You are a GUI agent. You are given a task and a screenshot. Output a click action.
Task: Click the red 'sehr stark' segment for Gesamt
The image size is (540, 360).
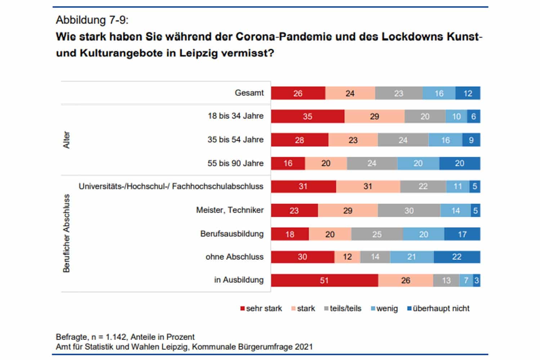[x=298, y=93]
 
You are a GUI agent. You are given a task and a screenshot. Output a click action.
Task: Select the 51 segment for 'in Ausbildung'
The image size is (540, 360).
[x=324, y=280]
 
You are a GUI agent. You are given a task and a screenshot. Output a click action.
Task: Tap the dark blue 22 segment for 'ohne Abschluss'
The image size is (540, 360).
[x=457, y=257]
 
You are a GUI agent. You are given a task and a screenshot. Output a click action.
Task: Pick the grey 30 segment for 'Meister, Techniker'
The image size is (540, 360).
[x=409, y=211]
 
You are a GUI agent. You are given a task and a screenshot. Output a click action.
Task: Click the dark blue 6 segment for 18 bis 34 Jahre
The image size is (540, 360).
[x=474, y=117]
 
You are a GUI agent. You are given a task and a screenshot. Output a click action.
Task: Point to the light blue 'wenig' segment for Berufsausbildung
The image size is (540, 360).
[x=424, y=234]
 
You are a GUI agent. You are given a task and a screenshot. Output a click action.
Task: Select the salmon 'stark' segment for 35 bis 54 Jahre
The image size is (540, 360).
[x=353, y=140]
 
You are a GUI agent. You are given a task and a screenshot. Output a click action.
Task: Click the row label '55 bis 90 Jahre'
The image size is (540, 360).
[x=235, y=163]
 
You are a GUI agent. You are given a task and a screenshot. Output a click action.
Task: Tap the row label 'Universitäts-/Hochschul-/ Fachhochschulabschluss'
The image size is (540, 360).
[x=171, y=186]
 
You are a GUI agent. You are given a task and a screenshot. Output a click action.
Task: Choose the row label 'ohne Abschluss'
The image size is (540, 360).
[x=235, y=257]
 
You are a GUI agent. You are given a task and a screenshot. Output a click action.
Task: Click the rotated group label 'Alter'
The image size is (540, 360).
[x=66, y=140]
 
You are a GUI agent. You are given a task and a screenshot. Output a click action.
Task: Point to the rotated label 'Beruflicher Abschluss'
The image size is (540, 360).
[x=66, y=233]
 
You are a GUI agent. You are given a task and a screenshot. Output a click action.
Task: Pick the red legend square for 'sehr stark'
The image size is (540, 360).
[x=242, y=309]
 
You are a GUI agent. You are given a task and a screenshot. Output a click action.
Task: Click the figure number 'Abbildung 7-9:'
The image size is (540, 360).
[x=92, y=20]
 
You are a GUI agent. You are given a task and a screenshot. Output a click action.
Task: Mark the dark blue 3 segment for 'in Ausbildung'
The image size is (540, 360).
[x=477, y=280]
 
